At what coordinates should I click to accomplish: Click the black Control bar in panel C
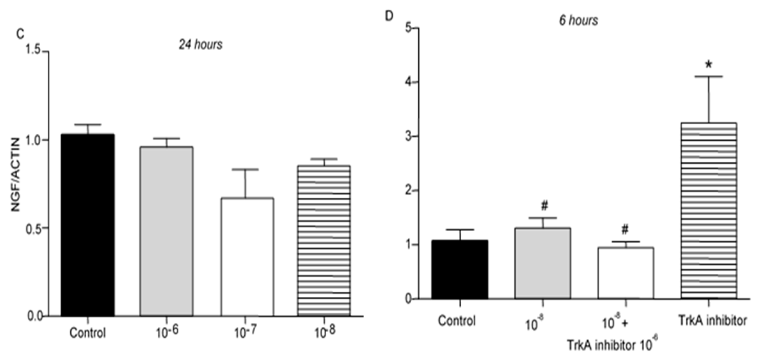pyautogui.click(x=88, y=225)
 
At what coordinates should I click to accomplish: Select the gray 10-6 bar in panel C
pyautogui.click(x=166, y=232)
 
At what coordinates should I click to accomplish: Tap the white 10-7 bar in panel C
pyautogui.click(x=247, y=257)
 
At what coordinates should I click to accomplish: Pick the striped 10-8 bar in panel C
pyautogui.click(x=324, y=241)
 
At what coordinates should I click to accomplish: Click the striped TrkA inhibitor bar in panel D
pyautogui.click(x=709, y=211)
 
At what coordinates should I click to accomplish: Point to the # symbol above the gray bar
pyautogui.click(x=544, y=206)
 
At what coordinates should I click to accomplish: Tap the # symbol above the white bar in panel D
pyautogui.click(x=625, y=229)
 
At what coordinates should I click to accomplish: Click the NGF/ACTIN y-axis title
pyautogui.click(x=15, y=174)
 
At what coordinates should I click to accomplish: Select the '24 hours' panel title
pyautogui.click(x=201, y=44)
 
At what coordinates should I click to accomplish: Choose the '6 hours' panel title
pyautogui.click(x=578, y=20)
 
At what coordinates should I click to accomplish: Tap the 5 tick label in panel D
pyautogui.click(x=408, y=28)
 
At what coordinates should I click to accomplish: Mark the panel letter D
pyautogui.click(x=389, y=16)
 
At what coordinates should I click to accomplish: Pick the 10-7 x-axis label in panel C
pyautogui.click(x=245, y=333)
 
